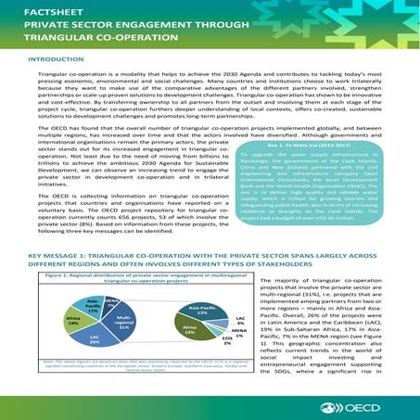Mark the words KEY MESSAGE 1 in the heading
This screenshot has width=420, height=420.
41,251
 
